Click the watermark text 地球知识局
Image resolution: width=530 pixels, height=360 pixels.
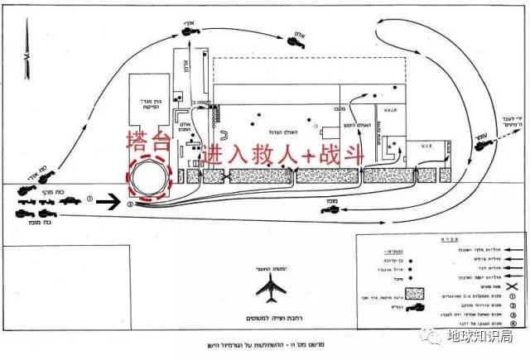[486, 338]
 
